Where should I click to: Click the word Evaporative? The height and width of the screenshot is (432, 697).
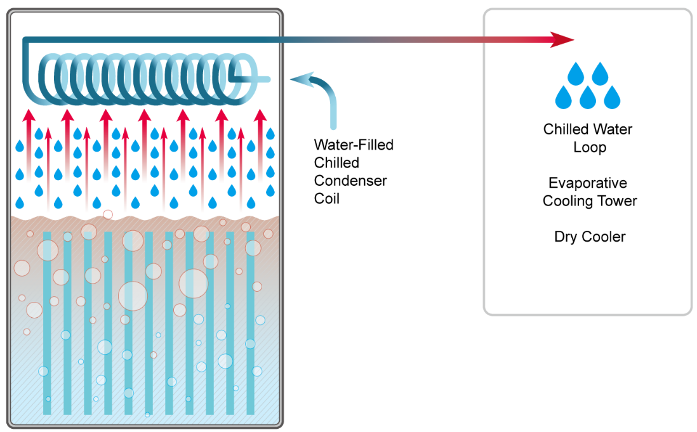click(587, 183)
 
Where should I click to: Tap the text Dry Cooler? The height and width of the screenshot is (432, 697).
click(590, 237)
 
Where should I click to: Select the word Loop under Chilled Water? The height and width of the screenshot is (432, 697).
click(590, 148)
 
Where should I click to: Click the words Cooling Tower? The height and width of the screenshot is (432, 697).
click(590, 201)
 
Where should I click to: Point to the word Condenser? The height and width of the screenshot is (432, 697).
click(350, 181)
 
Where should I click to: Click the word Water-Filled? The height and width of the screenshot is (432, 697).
click(354, 145)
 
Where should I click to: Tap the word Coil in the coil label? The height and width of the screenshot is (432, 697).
click(327, 199)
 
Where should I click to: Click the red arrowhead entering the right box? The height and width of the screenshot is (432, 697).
click(561, 39)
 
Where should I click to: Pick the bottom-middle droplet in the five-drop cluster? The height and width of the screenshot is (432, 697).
click(587, 98)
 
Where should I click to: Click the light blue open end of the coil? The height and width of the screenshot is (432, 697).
click(265, 79)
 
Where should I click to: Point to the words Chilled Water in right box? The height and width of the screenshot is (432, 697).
click(588, 129)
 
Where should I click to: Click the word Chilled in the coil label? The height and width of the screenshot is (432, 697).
click(336, 163)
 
